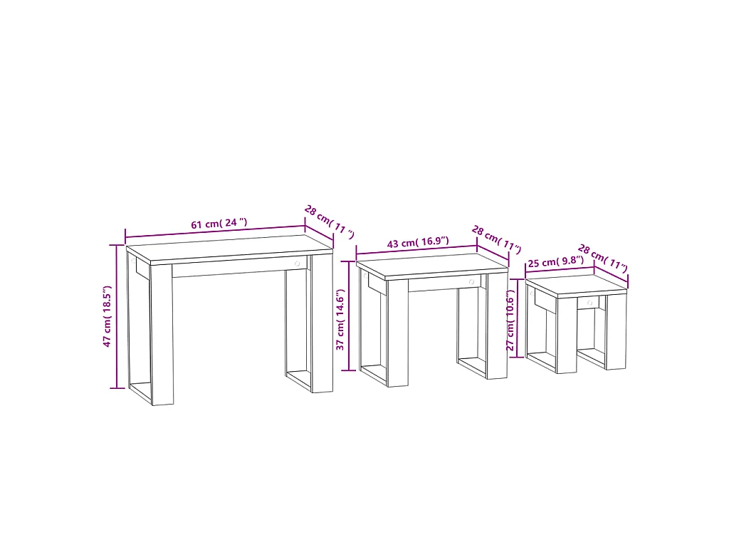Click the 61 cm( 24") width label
pyautogui.click(x=219, y=223)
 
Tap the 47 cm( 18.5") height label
pyautogui.click(x=107, y=316)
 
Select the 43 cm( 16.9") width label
pyautogui.click(x=418, y=242)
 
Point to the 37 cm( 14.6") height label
pyautogui.click(x=340, y=320)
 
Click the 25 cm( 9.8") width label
pyautogui.click(x=555, y=261)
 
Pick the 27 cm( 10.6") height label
pyautogui.click(x=510, y=320)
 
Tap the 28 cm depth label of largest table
pyautogui.click(x=329, y=222)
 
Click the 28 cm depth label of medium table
pyautogui.click(x=496, y=239)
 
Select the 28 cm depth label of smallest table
pyautogui.click(x=602, y=258)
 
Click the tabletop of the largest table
pyautogui.click(x=230, y=249)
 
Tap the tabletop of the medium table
pyautogui.click(x=432, y=266)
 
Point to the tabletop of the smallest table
pyautogui.click(x=577, y=285)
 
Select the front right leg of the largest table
pyautogui.click(x=322, y=324)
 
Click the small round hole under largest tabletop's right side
pyautogui.click(x=297, y=264)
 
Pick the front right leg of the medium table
pyautogui.click(x=498, y=326)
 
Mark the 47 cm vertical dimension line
pyautogui.click(x=117, y=316)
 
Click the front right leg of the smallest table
pyautogui.click(x=617, y=332)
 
